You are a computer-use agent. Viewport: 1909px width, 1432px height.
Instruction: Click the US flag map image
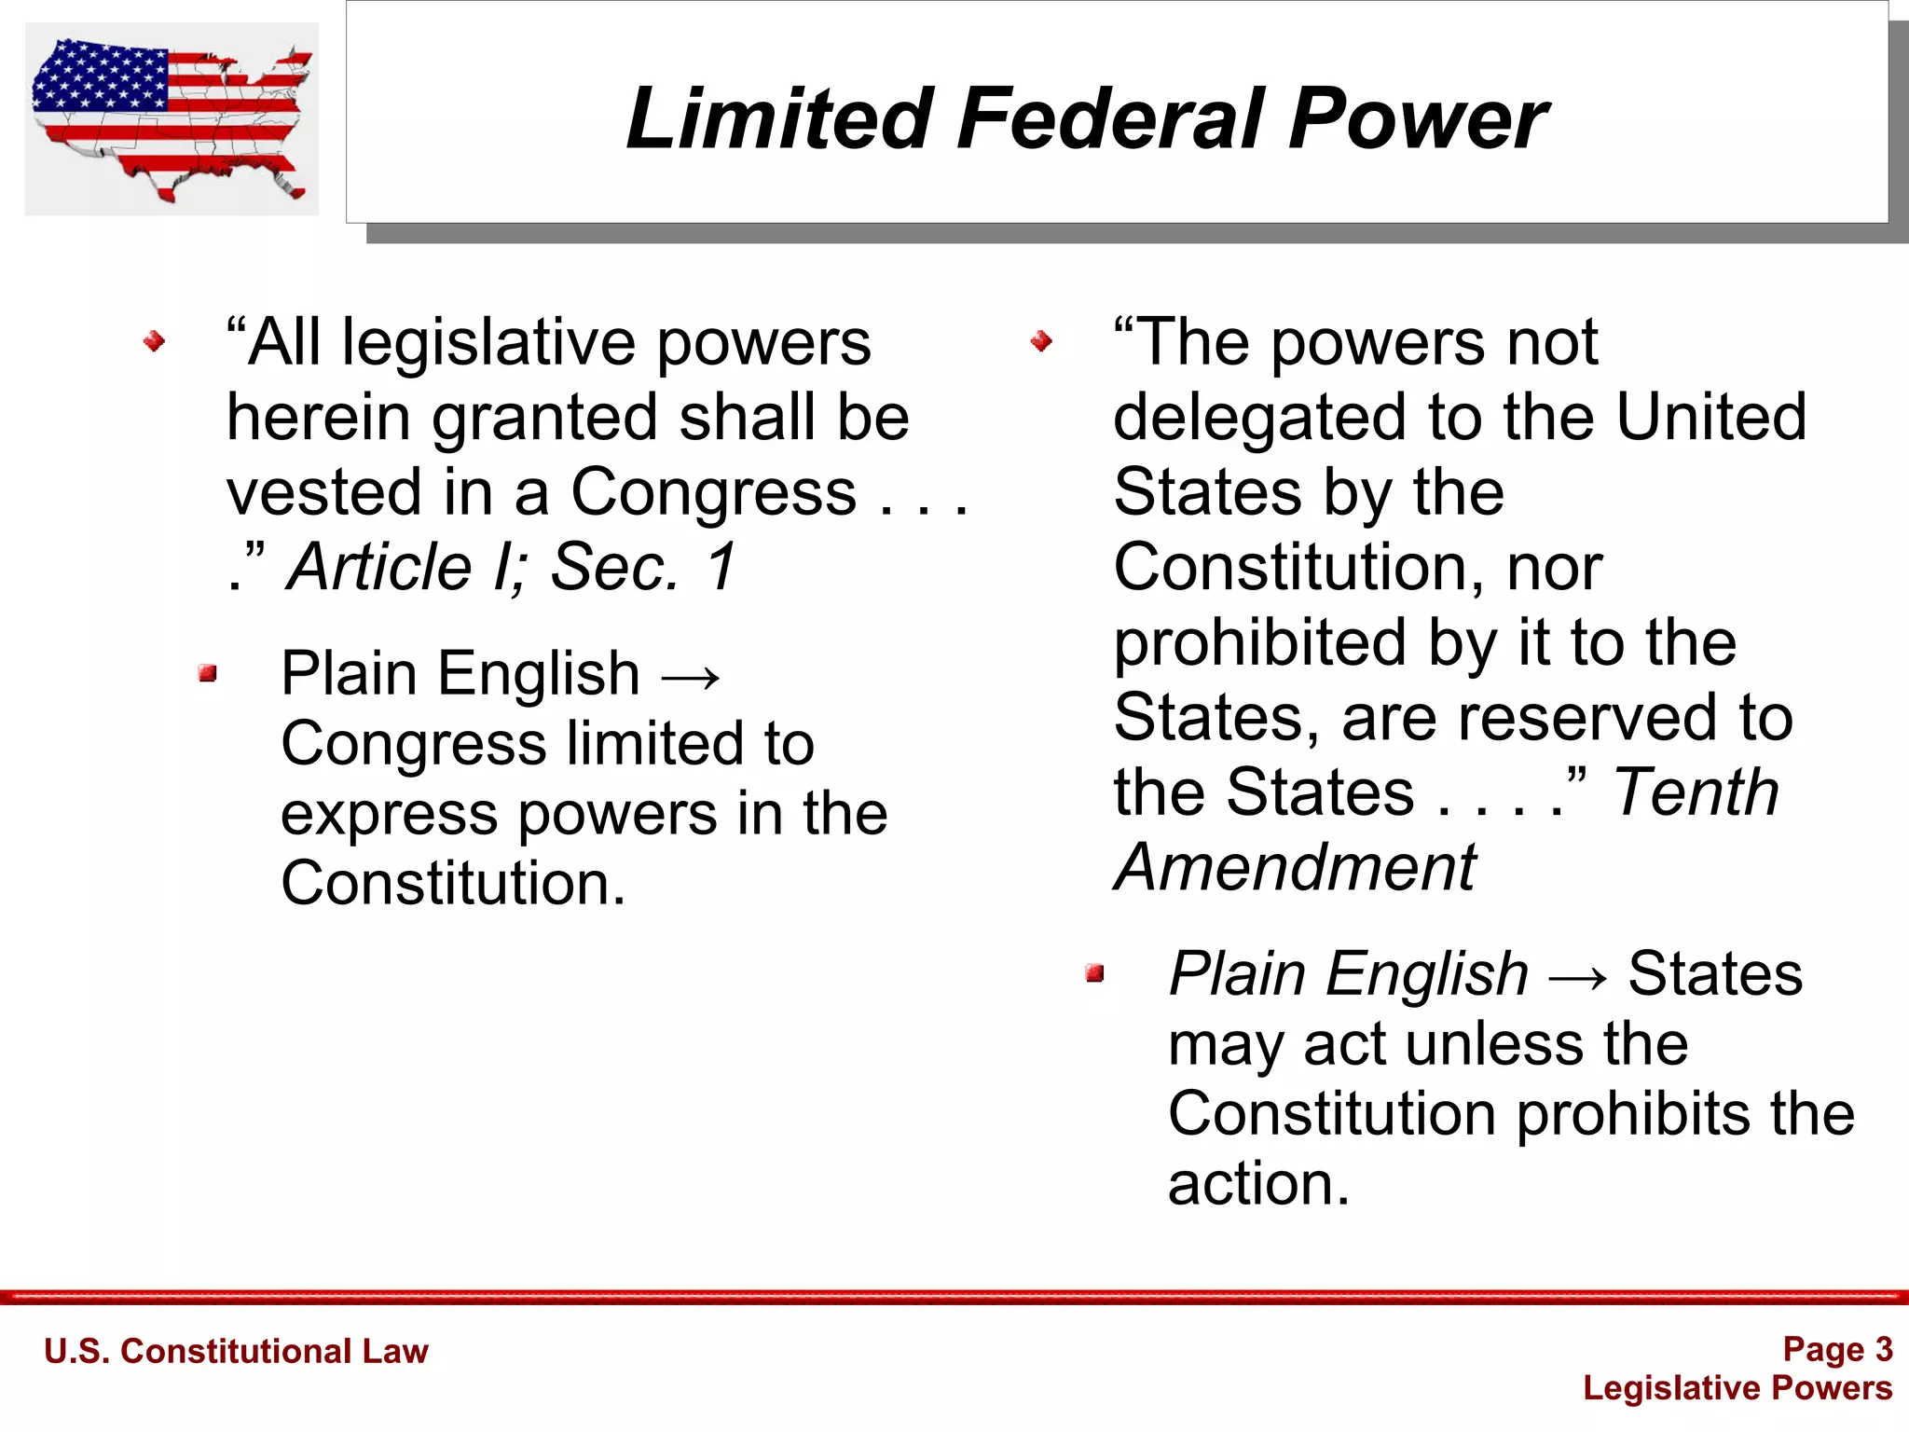[x=172, y=118]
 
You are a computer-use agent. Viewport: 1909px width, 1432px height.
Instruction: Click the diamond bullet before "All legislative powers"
[x=155, y=342]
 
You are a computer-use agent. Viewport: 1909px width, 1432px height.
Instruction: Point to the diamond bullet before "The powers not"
[x=1041, y=342]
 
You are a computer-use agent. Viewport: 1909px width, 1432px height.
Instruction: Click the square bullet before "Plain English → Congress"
[x=208, y=673]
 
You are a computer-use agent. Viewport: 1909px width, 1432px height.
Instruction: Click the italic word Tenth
[x=1696, y=792]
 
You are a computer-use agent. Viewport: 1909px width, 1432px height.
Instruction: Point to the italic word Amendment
[x=1296, y=867]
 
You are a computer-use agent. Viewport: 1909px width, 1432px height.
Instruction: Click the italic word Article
[x=380, y=567]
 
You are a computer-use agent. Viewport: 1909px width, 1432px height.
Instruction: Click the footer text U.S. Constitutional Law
[x=236, y=1351]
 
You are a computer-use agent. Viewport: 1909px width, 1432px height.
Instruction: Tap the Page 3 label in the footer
[x=1837, y=1349]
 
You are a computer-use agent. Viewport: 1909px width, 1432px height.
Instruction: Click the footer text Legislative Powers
[x=1737, y=1388]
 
